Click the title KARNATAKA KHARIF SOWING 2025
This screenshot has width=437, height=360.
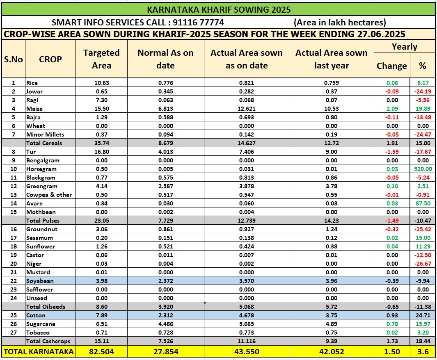point(218,9)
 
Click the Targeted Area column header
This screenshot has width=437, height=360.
point(101,59)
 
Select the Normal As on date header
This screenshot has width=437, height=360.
point(165,59)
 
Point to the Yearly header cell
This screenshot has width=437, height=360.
point(404,47)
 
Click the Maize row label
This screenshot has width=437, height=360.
point(34,109)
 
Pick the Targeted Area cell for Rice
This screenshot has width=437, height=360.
point(101,83)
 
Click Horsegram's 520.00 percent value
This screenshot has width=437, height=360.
point(422,169)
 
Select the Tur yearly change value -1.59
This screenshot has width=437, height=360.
point(391,152)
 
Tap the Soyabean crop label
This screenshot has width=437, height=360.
point(39,281)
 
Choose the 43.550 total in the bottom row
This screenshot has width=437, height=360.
point(246,351)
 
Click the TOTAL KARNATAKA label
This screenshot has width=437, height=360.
point(39,351)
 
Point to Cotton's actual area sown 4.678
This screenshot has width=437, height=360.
point(246,315)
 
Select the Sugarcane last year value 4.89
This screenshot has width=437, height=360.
point(331,324)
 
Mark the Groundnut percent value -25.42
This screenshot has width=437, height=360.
point(422,229)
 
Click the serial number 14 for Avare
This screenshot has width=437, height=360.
point(13,203)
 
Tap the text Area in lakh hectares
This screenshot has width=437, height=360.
point(340,22)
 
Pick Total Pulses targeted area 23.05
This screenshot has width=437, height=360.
point(101,221)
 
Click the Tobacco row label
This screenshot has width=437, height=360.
point(38,333)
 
